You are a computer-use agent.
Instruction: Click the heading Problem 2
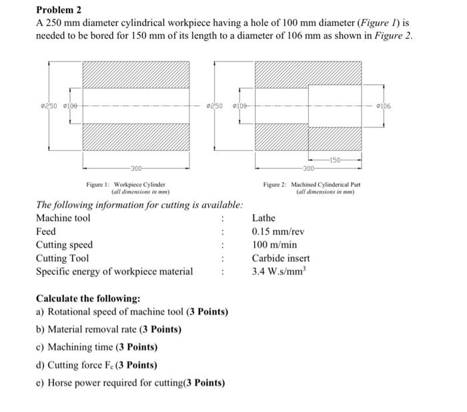tap(59, 10)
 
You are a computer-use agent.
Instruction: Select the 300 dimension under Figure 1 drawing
tap(136, 168)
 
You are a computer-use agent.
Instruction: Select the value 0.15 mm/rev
tap(278, 231)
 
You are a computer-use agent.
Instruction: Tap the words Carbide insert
tap(281, 258)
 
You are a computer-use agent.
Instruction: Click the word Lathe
tap(264, 218)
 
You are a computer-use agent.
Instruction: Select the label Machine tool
tap(63, 218)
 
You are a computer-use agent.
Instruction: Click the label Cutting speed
tap(64, 244)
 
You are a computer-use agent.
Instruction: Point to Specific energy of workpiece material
tap(114, 271)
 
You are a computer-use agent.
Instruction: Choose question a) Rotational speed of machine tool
tap(131, 312)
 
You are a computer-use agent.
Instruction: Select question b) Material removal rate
tap(108, 329)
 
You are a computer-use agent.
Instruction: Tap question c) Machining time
tap(96, 347)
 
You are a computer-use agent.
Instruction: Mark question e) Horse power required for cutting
tap(130, 383)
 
